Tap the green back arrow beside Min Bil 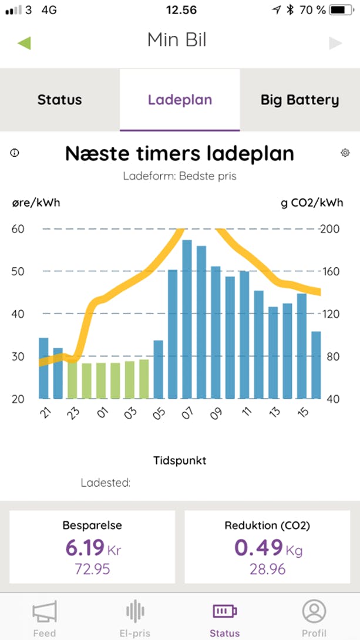click(x=24, y=43)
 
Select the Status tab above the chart click(x=59, y=100)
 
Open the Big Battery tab click(x=300, y=100)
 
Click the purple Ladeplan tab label click(x=180, y=100)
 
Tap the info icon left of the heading click(x=15, y=153)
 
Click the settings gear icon click(x=345, y=153)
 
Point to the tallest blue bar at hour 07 click(x=187, y=319)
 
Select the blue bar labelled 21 click(x=43, y=368)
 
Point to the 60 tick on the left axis click(x=18, y=228)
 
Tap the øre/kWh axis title click(x=36, y=203)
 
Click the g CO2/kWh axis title click(x=312, y=203)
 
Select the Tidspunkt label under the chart click(x=180, y=461)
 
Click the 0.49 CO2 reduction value click(x=258, y=548)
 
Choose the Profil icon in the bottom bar click(x=314, y=612)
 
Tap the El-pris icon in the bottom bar click(x=135, y=612)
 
